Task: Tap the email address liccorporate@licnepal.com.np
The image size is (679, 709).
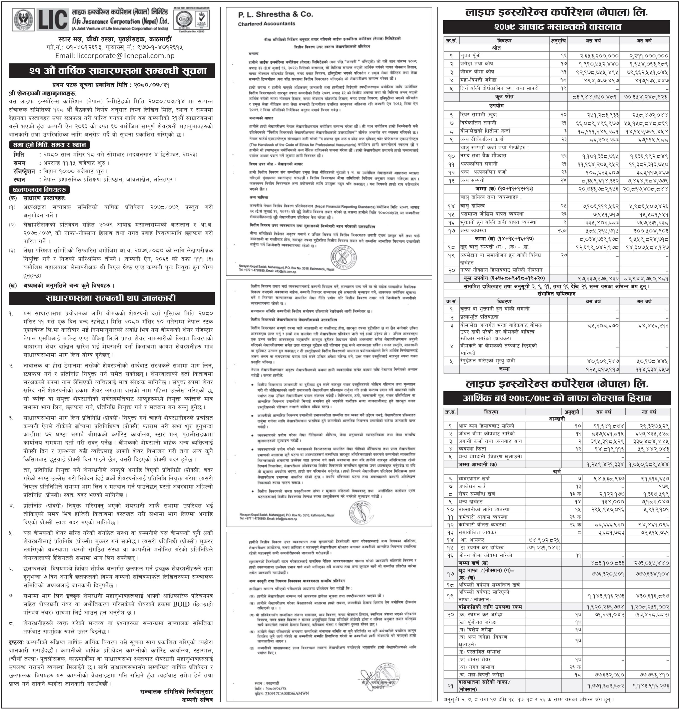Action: [x=115, y=56]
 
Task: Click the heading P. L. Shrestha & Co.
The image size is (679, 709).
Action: [x=275, y=14]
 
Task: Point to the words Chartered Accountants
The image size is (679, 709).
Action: [x=266, y=24]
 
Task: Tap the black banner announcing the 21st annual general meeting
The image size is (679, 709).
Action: [x=112, y=71]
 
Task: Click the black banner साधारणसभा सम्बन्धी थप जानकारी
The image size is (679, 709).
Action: [x=112, y=299]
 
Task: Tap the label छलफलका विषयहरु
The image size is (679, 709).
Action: [x=39, y=189]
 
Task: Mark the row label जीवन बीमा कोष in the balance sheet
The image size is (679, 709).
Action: [x=477, y=72]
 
